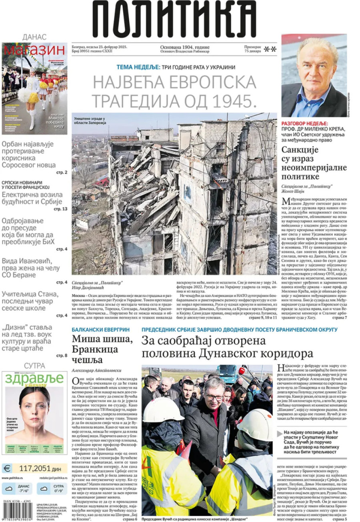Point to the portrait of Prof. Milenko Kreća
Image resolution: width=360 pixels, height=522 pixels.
[314, 76]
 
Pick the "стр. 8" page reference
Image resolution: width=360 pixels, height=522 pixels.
[61, 355]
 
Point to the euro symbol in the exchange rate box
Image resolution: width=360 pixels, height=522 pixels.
[7, 468]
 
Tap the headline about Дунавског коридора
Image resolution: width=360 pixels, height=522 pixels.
[228, 347]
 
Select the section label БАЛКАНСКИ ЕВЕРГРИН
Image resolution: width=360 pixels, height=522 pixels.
[95, 329]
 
